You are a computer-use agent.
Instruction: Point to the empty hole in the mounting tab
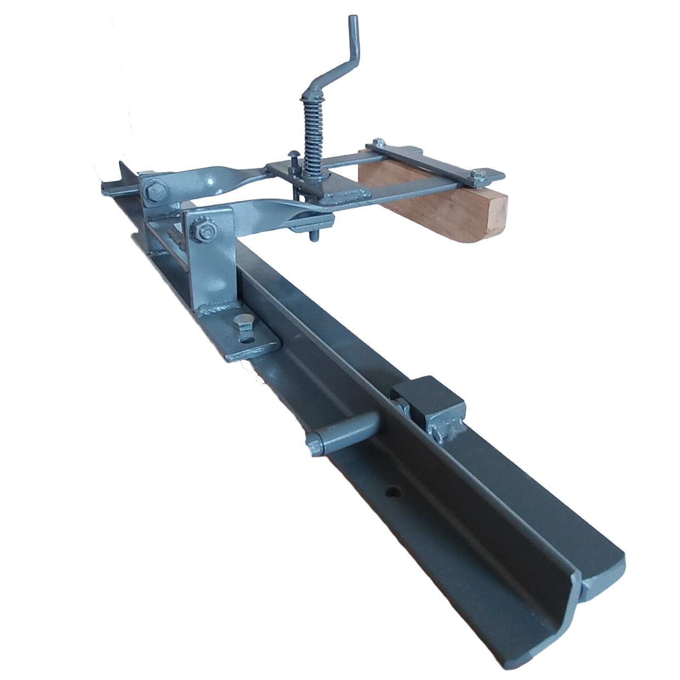(x=251, y=340)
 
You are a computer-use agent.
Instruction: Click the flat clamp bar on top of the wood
(x=433, y=160)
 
